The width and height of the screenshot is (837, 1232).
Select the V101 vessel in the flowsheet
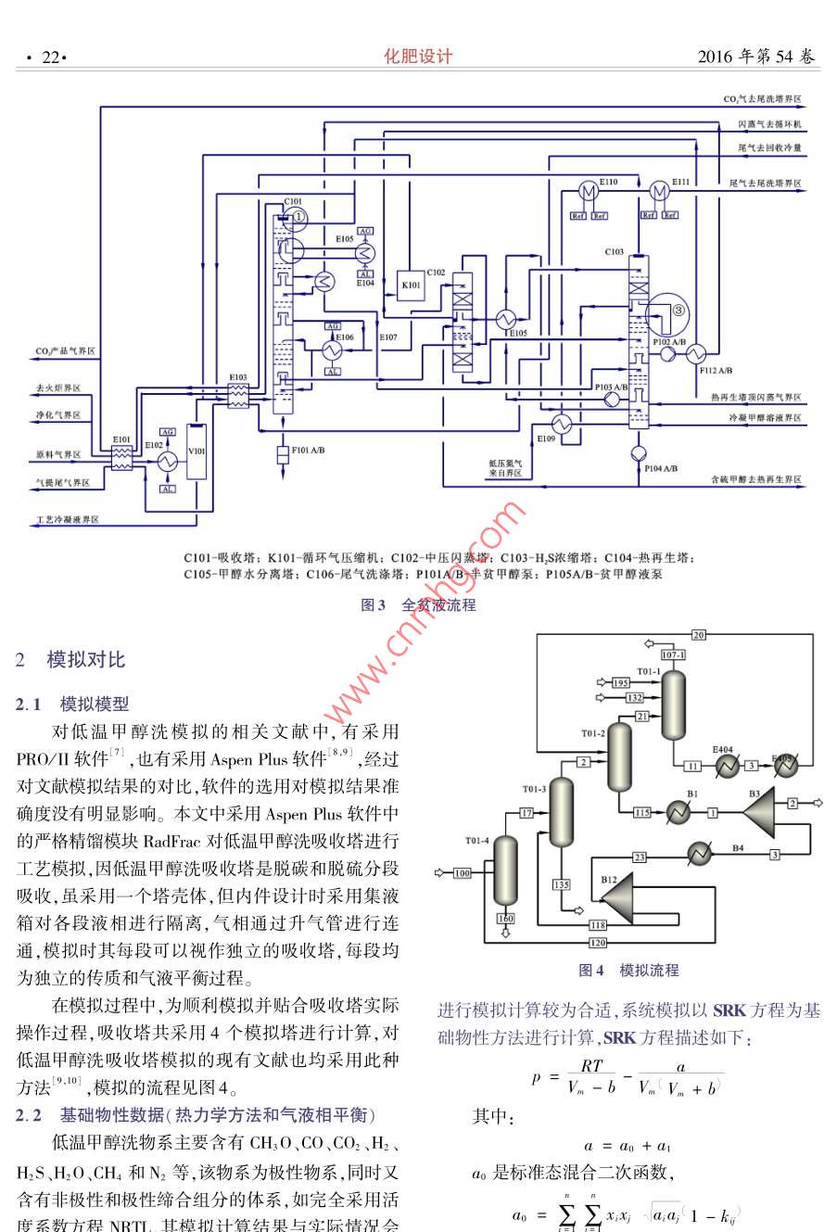pyautogui.click(x=196, y=451)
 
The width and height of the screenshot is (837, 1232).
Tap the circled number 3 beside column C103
pyautogui.click(x=678, y=310)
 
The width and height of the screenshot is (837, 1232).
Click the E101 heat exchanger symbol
pyautogui.click(x=122, y=457)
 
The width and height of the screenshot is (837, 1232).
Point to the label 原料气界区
pyautogui.click(x=58, y=455)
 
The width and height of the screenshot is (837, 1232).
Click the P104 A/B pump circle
pyautogui.click(x=637, y=453)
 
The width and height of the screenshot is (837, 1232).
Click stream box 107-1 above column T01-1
pyautogui.click(x=673, y=655)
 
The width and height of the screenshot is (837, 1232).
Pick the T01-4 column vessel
pyautogui.click(x=505, y=870)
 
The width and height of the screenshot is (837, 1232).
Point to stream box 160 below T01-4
pyautogui.click(x=505, y=919)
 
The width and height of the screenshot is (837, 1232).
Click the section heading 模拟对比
pyautogui.click(x=85, y=660)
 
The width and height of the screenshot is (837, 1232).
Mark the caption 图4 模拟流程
pyautogui.click(x=628, y=971)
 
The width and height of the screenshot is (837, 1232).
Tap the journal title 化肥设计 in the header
pyautogui.click(x=418, y=57)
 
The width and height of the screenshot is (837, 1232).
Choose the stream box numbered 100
pyautogui.click(x=462, y=872)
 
